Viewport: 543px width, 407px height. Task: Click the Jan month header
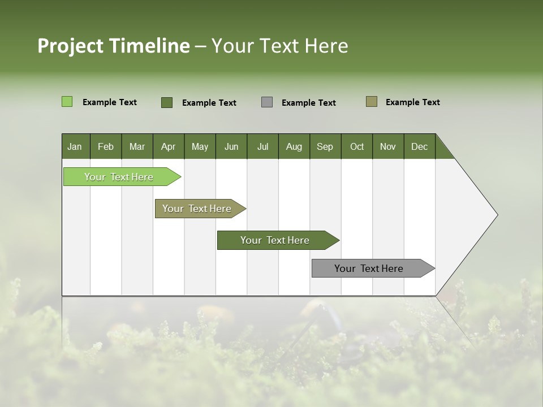click(x=75, y=146)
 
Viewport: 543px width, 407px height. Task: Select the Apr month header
click(x=168, y=146)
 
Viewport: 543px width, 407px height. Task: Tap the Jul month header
click(x=262, y=146)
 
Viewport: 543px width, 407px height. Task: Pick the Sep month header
click(x=325, y=146)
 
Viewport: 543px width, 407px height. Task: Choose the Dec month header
click(x=419, y=146)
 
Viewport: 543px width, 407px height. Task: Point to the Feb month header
click(x=106, y=146)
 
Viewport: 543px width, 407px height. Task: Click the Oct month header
click(x=357, y=146)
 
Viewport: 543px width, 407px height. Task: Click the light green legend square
click(x=67, y=102)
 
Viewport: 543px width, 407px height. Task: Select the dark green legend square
click(x=167, y=102)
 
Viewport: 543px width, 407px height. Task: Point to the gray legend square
click(x=267, y=102)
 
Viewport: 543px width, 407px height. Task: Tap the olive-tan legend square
click(x=371, y=102)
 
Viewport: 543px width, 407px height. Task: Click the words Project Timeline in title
click(x=113, y=46)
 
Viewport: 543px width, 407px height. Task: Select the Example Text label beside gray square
click(x=308, y=103)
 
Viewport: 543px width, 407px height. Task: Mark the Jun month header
click(x=231, y=146)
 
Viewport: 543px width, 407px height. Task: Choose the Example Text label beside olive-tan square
click(x=412, y=102)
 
